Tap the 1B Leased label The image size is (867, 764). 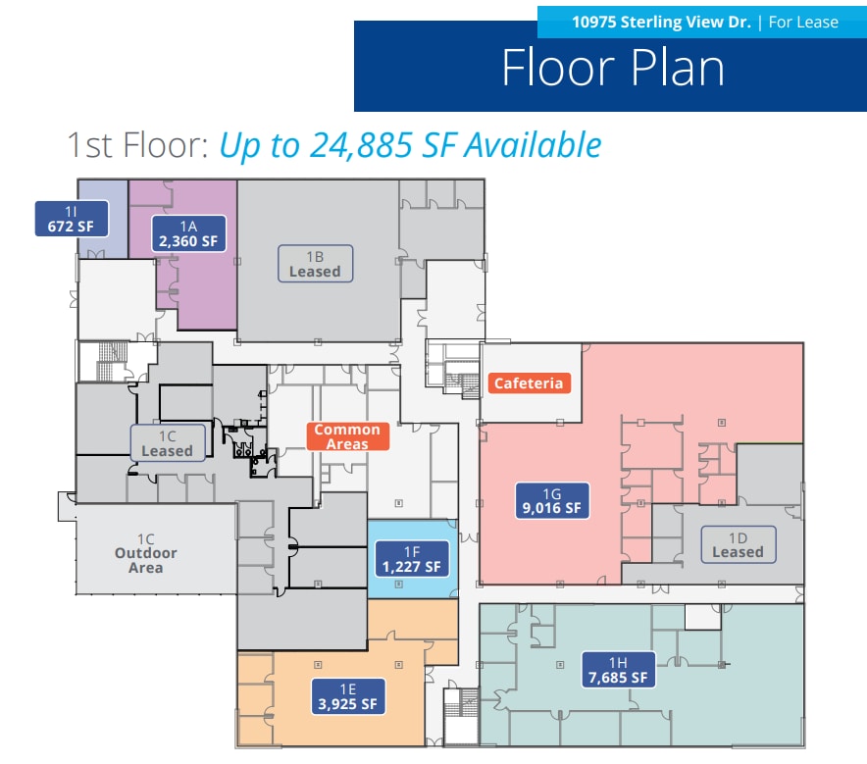[x=315, y=263]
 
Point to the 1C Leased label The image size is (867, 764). [x=167, y=442]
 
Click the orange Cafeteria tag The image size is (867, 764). [x=529, y=382]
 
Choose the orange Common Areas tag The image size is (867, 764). [x=347, y=436]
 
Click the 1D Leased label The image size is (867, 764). [x=738, y=544]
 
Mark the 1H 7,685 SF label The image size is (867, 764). [x=615, y=668]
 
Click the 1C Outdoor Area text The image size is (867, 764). [x=145, y=554]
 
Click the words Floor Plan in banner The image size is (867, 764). [x=613, y=68]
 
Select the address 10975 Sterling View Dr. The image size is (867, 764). [x=661, y=22]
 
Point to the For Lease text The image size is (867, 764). [x=803, y=22]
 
